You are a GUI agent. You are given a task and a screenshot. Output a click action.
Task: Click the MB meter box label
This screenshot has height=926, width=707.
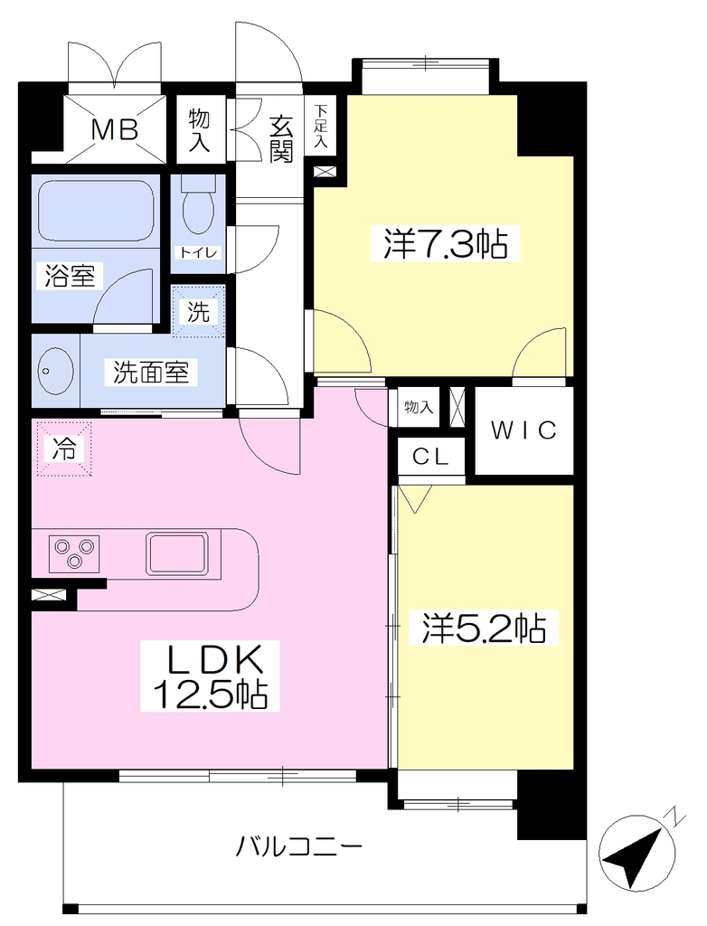tap(114, 129)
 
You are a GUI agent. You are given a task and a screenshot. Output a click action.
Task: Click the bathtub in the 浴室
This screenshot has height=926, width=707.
tap(96, 210)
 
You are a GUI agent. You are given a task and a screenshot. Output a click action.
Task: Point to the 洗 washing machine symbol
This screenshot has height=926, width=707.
tap(199, 311)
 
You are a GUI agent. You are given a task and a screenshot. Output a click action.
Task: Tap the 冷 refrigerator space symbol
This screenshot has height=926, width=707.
tap(64, 449)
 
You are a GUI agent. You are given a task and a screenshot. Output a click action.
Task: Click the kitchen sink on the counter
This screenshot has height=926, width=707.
tap(178, 553)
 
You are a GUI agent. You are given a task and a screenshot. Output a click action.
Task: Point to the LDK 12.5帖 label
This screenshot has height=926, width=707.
tap(211, 676)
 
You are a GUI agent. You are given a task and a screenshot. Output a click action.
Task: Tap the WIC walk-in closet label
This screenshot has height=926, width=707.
tap(524, 430)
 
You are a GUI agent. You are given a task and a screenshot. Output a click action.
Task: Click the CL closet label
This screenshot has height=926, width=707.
tap(430, 456)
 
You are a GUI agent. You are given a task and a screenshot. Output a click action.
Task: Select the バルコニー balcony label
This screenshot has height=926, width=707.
tap(299, 847)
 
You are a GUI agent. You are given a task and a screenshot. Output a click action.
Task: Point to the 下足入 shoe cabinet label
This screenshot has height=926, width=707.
tap(321, 125)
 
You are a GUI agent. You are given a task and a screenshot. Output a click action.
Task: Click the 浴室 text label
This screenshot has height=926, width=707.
tap(71, 275)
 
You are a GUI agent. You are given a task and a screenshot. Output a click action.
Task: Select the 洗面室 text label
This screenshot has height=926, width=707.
tap(151, 372)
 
